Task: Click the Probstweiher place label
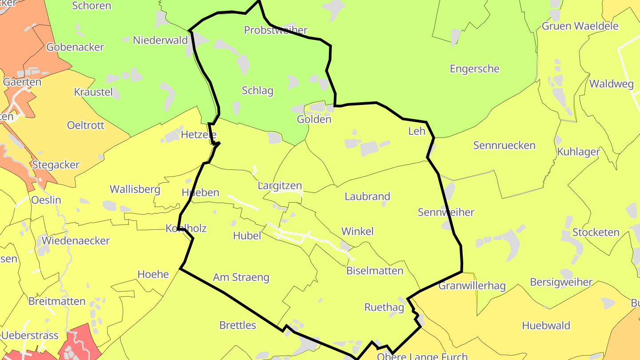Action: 276,30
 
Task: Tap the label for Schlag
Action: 257,91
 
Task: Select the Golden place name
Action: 314,120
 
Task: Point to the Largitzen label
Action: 280,186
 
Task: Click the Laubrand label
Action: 367,196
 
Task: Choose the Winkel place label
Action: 357,231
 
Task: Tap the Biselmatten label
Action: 375,271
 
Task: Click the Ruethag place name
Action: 384,307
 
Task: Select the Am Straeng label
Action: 241,277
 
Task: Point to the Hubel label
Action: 247,236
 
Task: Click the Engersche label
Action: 474,69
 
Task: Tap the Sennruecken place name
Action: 504,145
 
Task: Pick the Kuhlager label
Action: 578,152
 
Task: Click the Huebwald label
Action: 546,325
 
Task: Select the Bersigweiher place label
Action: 561,282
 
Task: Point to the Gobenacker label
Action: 75,47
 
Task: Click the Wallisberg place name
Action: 135,189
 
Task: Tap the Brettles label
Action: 238,325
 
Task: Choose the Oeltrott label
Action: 85,125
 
